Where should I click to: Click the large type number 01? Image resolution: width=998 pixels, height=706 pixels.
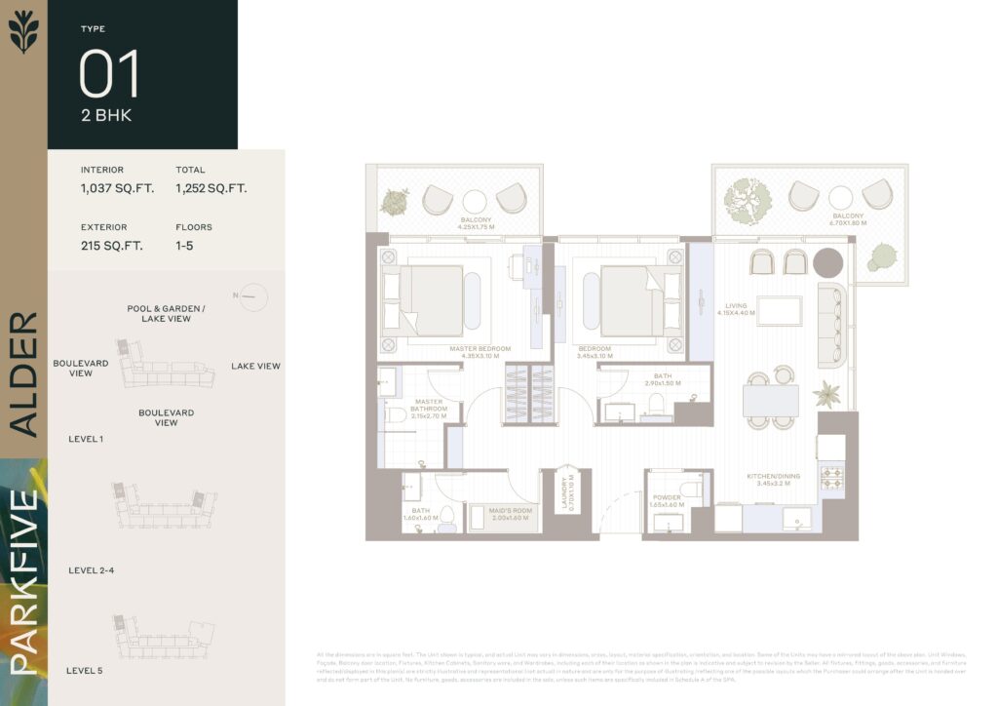[x=109, y=74]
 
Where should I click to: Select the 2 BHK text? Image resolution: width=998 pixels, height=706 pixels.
[x=106, y=115]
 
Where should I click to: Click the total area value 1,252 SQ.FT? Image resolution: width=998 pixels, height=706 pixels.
[x=211, y=188]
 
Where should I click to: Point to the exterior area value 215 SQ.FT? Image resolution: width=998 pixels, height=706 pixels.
[x=111, y=246]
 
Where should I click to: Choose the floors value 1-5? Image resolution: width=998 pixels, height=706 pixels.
[x=184, y=246]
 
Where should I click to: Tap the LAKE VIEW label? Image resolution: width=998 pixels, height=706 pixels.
[x=255, y=367]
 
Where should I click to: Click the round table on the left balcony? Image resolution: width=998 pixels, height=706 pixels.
[x=475, y=202]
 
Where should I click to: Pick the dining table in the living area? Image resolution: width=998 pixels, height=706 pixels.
[x=770, y=401]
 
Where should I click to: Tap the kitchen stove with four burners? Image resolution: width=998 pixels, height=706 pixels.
[x=831, y=478]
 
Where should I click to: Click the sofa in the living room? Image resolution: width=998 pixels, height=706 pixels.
[x=831, y=326]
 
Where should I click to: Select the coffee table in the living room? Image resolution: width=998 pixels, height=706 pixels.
[x=779, y=311]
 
